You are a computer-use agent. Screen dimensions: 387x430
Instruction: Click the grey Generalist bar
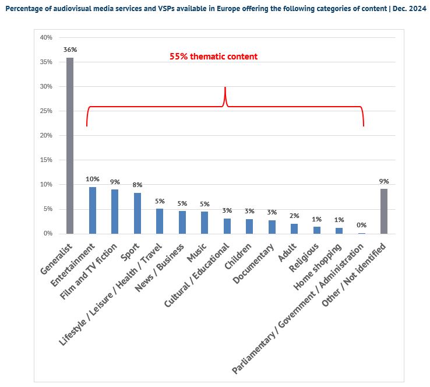(70, 146)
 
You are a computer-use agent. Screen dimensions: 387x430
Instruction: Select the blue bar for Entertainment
(93, 210)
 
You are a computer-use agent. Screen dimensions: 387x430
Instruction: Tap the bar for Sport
(138, 213)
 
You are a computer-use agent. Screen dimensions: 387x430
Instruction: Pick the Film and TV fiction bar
(115, 212)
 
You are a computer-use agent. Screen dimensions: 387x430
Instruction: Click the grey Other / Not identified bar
(383, 212)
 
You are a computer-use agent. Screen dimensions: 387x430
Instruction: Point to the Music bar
(205, 223)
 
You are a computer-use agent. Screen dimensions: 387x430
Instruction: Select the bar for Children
(249, 226)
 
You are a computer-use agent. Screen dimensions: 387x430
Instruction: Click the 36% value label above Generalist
(70, 50)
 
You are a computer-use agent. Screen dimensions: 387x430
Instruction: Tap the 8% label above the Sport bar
(138, 185)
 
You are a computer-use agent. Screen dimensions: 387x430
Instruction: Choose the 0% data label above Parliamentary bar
(361, 225)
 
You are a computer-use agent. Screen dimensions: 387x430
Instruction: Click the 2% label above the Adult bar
(294, 216)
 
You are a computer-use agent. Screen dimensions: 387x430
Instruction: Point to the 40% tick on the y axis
(45, 37)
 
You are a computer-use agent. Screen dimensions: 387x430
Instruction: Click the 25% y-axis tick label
(45, 111)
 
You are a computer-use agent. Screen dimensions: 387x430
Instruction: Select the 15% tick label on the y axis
(45, 160)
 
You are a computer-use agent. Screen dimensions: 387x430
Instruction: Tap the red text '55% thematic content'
(213, 57)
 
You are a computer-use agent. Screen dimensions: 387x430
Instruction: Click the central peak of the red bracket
(225, 89)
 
